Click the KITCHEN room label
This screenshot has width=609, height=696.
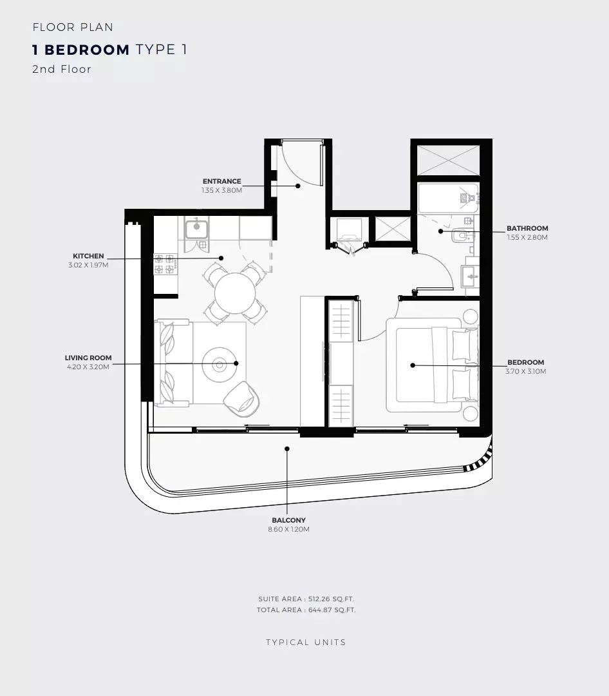tap(88, 256)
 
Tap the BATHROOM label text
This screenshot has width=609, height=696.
tap(527, 228)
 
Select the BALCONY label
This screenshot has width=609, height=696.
tap(288, 520)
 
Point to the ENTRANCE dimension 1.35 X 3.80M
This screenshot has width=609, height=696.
tap(221, 191)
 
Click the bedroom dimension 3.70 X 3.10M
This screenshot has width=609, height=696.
tap(526, 371)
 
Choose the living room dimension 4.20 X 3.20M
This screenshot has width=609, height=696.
tap(88, 367)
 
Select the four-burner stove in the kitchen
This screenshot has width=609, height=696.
tap(164, 264)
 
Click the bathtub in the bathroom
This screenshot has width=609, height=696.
tap(447, 197)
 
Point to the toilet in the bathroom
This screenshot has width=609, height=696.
tap(464, 237)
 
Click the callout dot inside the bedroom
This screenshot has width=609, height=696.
tap(413, 365)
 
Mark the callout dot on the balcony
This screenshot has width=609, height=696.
tap(288, 449)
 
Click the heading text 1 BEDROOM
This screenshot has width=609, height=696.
tap(81, 50)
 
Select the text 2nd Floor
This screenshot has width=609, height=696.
tap(62, 69)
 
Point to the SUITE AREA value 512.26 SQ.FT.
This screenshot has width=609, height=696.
tap(330, 599)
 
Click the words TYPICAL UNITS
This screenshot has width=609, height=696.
tap(306, 643)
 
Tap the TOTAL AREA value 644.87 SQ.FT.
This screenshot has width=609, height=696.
tap(332, 610)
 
